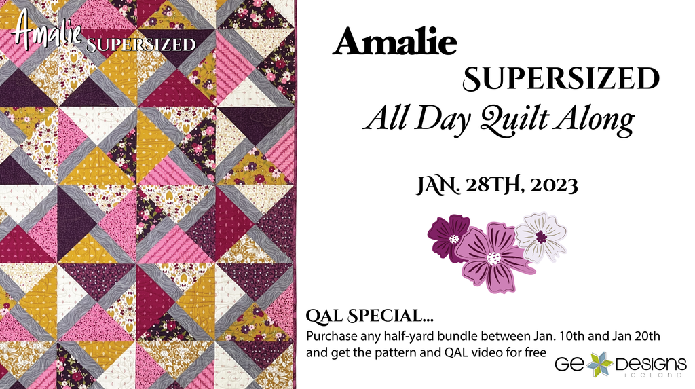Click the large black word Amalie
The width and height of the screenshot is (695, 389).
(x=394, y=43)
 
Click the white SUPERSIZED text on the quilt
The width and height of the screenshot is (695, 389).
(x=141, y=45)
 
